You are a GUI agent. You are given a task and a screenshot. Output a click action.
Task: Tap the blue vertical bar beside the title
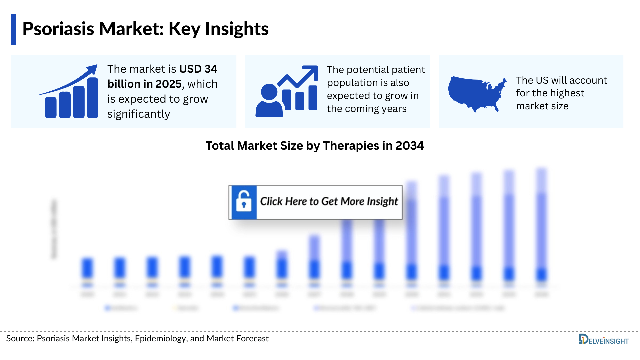point(13,29)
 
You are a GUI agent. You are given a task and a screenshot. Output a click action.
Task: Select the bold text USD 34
point(198,69)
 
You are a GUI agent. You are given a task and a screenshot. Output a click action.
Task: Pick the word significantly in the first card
point(139,114)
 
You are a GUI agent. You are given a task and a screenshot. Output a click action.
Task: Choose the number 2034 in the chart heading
point(410,146)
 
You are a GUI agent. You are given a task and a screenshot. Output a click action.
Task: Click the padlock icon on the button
point(244,202)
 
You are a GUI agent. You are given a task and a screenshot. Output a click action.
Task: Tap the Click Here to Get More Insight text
point(329,201)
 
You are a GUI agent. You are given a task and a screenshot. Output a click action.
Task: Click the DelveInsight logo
point(604,340)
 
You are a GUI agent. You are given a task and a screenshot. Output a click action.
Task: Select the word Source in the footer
point(19,339)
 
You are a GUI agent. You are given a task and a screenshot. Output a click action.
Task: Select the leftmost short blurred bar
point(87,268)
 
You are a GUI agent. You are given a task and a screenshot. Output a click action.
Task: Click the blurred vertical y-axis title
point(54,229)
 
